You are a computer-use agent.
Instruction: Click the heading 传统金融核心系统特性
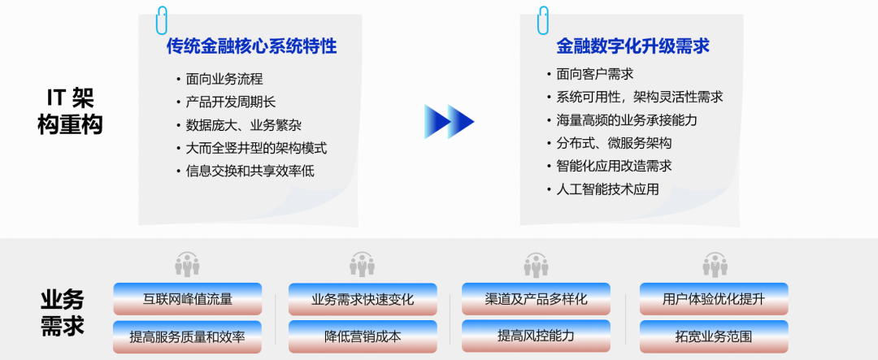[251, 46]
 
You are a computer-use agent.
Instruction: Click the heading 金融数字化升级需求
[632, 46]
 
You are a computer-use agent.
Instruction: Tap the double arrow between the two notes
[449, 122]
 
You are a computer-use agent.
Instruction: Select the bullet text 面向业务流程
[224, 79]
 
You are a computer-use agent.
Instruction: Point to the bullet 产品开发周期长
[231, 102]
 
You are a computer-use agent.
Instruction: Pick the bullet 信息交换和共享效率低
[250, 171]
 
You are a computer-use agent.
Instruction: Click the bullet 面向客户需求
[594, 74]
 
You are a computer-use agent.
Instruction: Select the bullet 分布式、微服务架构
[614, 143]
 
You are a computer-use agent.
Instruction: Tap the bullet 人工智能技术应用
[607, 189]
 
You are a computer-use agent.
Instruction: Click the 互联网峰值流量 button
[188, 299]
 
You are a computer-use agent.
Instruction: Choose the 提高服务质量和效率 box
[188, 336]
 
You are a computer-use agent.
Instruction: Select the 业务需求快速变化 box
[363, 299]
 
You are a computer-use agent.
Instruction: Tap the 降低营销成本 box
[363, 336]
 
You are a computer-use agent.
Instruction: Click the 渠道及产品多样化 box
[536, 298]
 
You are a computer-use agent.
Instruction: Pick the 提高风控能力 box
[536, 336]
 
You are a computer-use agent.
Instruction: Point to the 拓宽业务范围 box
[714, 336]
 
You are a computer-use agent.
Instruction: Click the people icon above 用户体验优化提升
[715, 265]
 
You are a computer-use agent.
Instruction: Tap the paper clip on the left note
[163, 20]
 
